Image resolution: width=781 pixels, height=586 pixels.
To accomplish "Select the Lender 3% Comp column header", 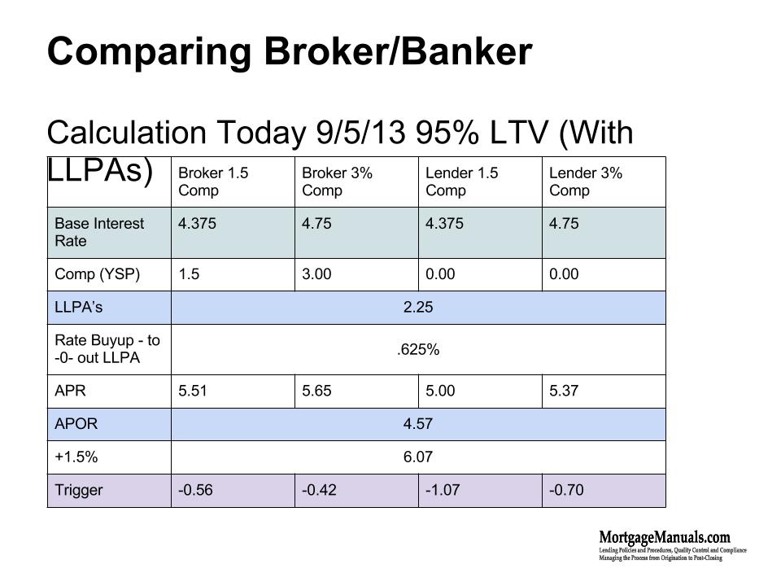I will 586,181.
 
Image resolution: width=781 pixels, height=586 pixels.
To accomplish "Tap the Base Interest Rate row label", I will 99,232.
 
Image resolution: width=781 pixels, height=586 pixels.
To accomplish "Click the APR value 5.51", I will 192,391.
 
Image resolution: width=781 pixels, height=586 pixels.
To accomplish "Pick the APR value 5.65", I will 316,391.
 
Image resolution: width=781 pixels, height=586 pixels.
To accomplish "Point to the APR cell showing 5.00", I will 440,391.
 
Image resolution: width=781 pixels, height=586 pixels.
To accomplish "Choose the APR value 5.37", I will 564,391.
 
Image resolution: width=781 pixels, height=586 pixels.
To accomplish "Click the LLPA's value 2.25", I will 417,308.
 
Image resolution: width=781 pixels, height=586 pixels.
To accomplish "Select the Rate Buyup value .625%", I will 417,350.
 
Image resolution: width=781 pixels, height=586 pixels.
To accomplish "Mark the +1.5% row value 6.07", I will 417,457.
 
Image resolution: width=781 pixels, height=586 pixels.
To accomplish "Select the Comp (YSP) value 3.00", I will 316,274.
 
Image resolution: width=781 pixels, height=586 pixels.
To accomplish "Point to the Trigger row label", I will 78,490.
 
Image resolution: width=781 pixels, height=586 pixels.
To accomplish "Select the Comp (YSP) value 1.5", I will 188,274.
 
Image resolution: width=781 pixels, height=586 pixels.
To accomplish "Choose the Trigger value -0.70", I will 566,490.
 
